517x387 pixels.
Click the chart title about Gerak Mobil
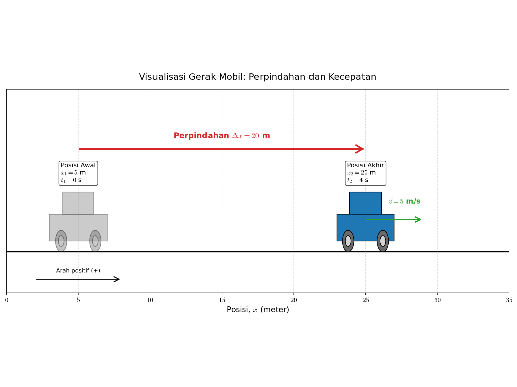(x=257, y=77)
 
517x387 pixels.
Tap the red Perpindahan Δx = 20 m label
(x=222, y=136)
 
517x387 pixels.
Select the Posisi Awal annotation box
(x=78, y=173)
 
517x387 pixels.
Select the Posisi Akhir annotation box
(x=366, y=173)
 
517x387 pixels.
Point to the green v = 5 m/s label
(x=404, y=201)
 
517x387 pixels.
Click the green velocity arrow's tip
(x=421, y=219)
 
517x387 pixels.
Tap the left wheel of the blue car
(x=348, y=241)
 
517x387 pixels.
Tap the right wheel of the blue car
(x=383, y=241)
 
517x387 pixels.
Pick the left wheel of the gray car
(x=61, y=241)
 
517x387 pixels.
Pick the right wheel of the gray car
(x=95, y=241)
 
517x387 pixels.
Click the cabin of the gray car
(x=78, y=203)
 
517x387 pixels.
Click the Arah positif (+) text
(x=78, y=270)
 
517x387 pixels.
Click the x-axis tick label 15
(x=222, y=300)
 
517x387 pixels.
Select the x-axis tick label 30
(x=437, y=300)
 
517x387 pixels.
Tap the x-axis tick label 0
(x=6, y=300)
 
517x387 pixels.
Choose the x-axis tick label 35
(x=509, y=300)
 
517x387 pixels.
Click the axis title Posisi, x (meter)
(x=258, y=310)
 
